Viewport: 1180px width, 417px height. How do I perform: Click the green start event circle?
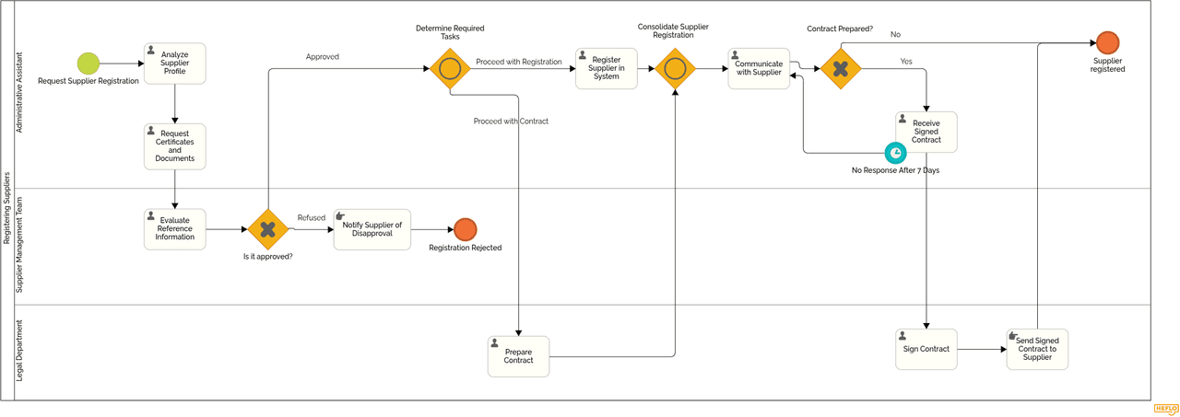(x=88, y=64)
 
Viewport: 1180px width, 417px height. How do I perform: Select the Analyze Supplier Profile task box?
(x=174, y=64)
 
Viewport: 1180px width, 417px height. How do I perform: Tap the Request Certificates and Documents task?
(x=174, y=146)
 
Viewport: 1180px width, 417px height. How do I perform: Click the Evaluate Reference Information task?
(x=174, y=229)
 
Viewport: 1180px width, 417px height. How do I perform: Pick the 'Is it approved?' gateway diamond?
(x=268, y=229)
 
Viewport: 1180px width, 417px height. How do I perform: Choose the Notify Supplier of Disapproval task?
(x=372, y=229)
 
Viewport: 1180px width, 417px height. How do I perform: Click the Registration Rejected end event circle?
(x=466, y=229)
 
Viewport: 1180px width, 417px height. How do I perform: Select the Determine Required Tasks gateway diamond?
(x=450, y=69)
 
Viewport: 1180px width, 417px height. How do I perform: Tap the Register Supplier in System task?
(x=606, y=69)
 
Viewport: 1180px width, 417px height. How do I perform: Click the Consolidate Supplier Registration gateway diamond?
(x=675, y=69)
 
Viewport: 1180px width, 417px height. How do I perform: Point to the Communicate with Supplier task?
(x=759, y=69)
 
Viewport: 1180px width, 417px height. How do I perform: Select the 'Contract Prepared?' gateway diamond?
(x=841, y=69)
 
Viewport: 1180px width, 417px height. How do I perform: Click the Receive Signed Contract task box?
(x=926, y=132)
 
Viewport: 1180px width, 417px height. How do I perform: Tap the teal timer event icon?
(x=895, y=153)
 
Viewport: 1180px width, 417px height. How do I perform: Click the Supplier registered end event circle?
(x=1107, y=43)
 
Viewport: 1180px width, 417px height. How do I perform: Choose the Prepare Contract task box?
(x=518, y=356)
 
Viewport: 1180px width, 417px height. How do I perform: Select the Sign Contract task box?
(x=926, y=350)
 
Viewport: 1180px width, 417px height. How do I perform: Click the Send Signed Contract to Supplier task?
(x=1037, y=350)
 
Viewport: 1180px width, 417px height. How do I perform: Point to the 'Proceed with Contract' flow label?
(x=511, y=122)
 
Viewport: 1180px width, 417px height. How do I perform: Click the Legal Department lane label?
(x=20, y=351)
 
